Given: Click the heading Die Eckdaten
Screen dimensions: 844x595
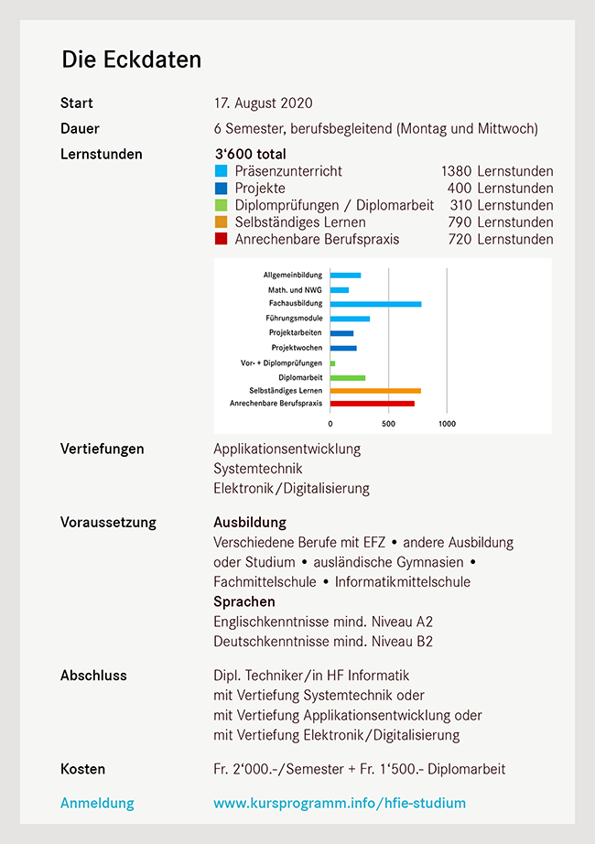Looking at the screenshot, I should (x=131, y=60).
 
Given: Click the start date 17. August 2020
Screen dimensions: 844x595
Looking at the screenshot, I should (x=263, y=103).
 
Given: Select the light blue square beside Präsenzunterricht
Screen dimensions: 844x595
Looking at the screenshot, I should (x=221, y=171).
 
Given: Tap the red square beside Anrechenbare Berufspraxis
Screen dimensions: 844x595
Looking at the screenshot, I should (x=221, y=240).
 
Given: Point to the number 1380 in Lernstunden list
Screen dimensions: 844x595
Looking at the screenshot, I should (x=455, y=171).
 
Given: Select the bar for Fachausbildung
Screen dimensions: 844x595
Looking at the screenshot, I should (x=375, y=304).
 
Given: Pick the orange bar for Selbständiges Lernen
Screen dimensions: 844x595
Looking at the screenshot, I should (x=375, y=391).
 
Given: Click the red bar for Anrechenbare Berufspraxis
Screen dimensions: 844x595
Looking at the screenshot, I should (x=372, y=403).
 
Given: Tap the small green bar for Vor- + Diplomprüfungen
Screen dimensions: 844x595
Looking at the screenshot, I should (x=332, y=363).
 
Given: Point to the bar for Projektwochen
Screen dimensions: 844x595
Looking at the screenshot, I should (x=343, y=348).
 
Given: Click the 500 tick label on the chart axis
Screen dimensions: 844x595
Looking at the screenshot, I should (x=388, y=424).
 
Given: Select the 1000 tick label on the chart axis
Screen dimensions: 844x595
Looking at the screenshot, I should (x=447, y=424).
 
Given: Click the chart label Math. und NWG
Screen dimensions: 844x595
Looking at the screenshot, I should (x=295, y=290).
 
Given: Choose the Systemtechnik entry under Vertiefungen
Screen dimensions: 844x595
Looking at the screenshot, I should (x=257, y=469).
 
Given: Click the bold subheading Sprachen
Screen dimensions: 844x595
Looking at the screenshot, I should (x=244, y=602).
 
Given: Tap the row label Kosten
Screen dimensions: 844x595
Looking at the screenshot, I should (x=82, y=769).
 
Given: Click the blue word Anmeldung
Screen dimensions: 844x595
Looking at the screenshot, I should (x=97, y=804).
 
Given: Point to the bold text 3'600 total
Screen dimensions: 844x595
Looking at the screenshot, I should (x=250, y=154).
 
